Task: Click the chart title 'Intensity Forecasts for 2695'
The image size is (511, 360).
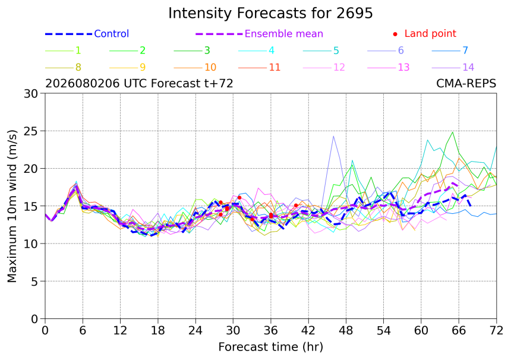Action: (x=270, y=13)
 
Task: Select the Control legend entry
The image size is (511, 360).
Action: (x=87, y=33)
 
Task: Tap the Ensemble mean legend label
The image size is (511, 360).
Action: (x=284, y=33)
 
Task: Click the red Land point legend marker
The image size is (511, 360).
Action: (x=395, y=34)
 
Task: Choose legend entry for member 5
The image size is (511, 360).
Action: (x=321, y=50)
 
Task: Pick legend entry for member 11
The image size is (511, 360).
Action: (x=260, y=68)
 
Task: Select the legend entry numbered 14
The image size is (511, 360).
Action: (x=453, y=68)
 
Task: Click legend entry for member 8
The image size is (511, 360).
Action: (x=63, y=68)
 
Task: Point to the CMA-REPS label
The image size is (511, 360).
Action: (x=466, y=84)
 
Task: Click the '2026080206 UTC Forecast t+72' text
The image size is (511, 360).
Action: (x=139, y=84)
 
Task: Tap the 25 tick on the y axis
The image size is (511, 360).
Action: (x=31, y=131)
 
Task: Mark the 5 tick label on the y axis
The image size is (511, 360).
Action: (x=34, y=281)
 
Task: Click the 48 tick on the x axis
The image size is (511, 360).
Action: (x=346, y=331)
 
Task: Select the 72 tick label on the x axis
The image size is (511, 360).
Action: (x=496, y=331)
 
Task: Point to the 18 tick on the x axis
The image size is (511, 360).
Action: (x=157, y=331)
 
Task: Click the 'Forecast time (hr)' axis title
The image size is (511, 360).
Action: (x=270, y=347)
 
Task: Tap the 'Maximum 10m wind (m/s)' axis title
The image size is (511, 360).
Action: (x=12, y=206)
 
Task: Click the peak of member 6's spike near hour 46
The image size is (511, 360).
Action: (x=333, y=136)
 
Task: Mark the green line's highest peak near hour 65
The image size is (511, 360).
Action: (x=452, y=132)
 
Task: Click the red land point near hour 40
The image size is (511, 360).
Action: (x=296, y=206)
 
